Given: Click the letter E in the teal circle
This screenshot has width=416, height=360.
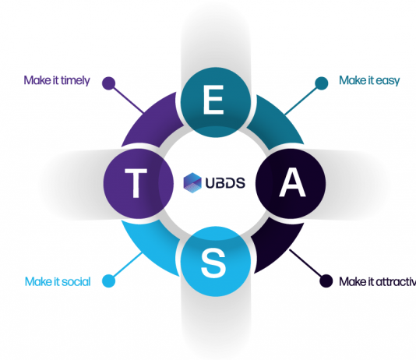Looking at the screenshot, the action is point(213,100).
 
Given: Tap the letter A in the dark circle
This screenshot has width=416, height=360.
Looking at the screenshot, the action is point(292,182).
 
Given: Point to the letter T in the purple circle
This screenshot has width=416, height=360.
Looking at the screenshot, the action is point(136,183).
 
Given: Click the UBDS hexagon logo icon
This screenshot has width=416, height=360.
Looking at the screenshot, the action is point(192,183).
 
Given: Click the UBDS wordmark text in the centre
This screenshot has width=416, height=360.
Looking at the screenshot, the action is point(225,183).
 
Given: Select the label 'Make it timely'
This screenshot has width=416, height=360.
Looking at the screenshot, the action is point(57,80).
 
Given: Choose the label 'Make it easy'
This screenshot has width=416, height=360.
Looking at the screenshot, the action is point(369,80).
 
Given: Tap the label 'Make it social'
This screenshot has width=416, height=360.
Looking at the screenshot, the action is point(58,282).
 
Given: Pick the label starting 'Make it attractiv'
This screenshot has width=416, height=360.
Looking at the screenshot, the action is point(378,282).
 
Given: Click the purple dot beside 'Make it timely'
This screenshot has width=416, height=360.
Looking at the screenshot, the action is point(109,83).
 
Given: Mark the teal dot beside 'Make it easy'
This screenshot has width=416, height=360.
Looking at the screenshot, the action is point(322,83).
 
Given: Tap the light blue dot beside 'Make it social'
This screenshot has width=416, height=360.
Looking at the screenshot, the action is point(109,281).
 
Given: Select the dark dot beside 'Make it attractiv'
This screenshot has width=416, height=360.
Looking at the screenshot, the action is point(326,281).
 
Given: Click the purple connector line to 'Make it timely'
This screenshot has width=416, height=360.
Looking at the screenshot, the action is point(129,100).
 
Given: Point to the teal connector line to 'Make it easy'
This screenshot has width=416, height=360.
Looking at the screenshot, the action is point(301,101).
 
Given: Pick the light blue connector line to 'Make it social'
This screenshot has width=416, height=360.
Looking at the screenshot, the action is point(128,264).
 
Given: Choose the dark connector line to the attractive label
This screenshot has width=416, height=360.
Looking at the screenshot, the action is point(305,263).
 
